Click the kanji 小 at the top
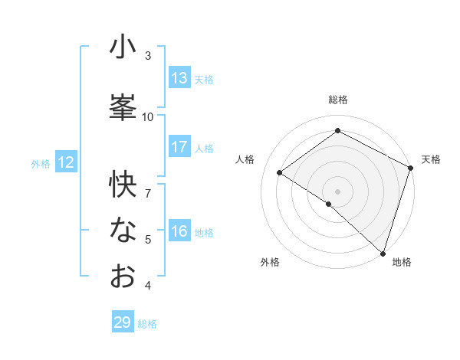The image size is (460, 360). coord(123,47)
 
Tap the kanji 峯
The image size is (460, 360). coord(123,108)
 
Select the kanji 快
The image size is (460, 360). coord(123,185)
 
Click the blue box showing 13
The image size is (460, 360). coord(179,78)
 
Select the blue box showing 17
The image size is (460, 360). coord(179,147)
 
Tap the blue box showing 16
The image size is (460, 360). coord(179,231)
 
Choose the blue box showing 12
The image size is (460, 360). coord(65,162)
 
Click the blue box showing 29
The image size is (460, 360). coord(123,322)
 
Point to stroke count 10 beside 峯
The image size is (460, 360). coord(148,116)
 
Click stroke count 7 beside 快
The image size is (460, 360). coord(148,185)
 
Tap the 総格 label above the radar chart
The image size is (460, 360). coord(337,100)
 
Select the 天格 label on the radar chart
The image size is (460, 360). coord(431,159)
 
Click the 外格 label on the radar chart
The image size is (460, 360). coord(270,262)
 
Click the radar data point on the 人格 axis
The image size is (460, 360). coord(280,172)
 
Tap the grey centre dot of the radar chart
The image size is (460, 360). coord(337,191)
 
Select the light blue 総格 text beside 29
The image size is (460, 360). coord(147,324)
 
